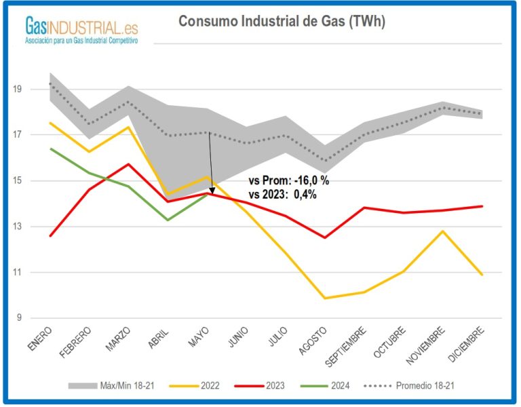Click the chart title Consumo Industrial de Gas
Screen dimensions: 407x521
(x=282, y=22)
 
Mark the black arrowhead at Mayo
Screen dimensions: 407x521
(x=212, y=191)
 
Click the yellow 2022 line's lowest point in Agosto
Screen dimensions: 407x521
(x=326, y=298)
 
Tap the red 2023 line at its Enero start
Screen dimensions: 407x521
(x=51, y=236)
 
